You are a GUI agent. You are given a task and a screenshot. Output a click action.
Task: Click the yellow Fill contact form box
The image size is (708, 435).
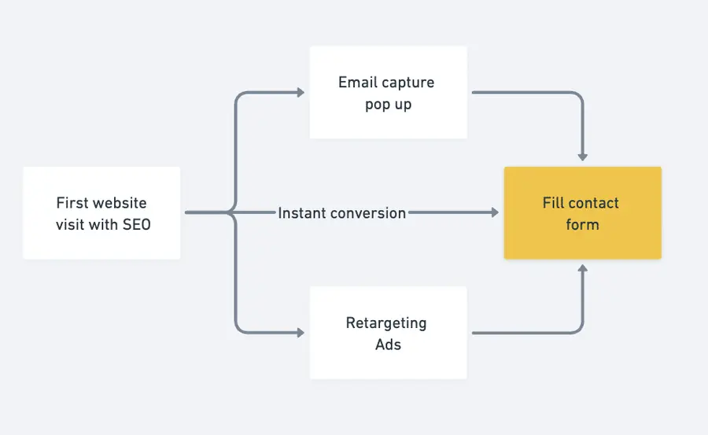tap(582, 212)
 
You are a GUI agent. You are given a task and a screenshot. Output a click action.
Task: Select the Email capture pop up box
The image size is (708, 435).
tap(388, 92)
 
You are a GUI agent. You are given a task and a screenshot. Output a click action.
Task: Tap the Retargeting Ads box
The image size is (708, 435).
tap(388, 333)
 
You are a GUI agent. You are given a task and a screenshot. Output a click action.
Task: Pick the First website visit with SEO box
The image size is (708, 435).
tap(101, 212)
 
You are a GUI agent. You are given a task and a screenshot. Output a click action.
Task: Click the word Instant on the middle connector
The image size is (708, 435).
tap(302, 213)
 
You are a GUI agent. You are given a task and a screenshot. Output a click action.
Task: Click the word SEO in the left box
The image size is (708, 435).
tap(137, 224)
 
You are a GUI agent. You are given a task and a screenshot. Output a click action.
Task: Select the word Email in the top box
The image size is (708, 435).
tap(359, 83)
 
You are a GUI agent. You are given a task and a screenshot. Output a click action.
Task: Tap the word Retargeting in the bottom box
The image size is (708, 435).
tap(386, 323)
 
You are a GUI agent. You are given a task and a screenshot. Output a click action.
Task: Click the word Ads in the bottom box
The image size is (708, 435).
tap(388, 345)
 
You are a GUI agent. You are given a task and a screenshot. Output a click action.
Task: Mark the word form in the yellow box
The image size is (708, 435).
tap(582, 225)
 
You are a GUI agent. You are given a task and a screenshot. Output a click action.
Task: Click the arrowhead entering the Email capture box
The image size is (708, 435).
tap(300, 92)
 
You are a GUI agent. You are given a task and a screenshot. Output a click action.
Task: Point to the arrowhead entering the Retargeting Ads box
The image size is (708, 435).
tap(300, 333)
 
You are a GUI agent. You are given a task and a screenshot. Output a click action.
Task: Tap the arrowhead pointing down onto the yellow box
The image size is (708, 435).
tap(582, 157)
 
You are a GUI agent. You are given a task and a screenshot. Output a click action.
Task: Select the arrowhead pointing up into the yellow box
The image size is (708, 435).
tap(582, 270)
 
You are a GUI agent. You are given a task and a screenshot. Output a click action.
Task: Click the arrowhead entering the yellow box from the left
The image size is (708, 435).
tap(494, 212)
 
